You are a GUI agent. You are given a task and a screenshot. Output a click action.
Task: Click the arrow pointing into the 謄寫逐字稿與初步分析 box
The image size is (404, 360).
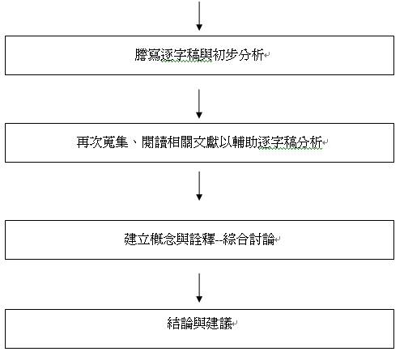[x=199, y=15]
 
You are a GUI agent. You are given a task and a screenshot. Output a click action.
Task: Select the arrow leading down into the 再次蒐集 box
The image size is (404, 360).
[x=199, y=104]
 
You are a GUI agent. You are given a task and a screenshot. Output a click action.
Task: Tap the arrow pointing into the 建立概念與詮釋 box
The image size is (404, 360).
[x=199, y=186]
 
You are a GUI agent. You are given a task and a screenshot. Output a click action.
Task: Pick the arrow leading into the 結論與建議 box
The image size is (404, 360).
[x=199, y=288]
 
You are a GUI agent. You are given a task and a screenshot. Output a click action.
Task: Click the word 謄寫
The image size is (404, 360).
[x=147, y=55]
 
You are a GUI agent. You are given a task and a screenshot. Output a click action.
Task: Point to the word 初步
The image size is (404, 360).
[x=225, y=55]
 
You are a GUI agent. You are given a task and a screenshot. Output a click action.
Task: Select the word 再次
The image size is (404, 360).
[x=89, y=142]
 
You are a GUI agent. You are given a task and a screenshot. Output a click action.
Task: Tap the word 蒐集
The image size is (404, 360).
[x=115, y=142]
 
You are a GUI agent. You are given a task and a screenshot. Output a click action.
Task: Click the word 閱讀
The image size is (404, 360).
[x=155, y=142]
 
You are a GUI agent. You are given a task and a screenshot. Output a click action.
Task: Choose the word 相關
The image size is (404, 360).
[x=181, y=142]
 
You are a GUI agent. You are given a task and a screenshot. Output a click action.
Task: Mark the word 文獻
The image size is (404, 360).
[x=206, y=142]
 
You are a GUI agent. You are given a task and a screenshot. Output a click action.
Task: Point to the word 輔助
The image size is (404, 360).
[x=245, y=142]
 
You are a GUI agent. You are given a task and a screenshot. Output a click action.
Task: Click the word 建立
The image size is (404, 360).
[x=137, y=239]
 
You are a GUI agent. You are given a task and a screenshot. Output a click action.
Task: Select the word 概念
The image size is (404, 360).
[x=163, y=239]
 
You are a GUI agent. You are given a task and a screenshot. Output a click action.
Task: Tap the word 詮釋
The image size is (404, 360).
[x=202, y=239]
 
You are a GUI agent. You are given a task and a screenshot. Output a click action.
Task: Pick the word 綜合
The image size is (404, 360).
[x=236, y=239]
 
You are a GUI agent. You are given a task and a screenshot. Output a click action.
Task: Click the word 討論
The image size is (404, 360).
[x=262, y=239]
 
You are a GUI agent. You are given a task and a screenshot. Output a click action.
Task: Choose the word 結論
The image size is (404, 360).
[x=180, y=324]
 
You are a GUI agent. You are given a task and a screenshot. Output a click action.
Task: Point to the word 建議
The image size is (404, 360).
[x=219, y=324]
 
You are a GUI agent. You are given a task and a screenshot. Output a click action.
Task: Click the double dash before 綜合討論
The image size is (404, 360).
[x=219, y=239]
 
